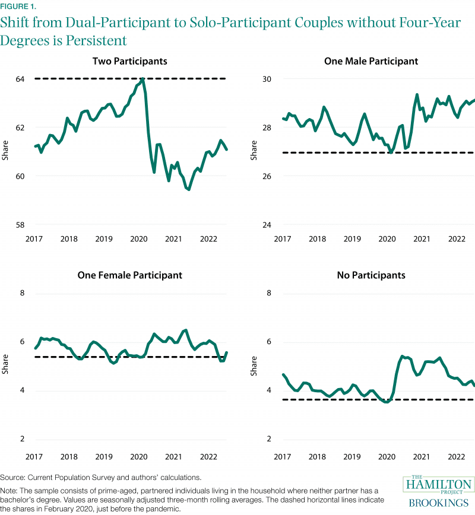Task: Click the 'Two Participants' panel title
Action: pyautogui.click(x=129, y=61)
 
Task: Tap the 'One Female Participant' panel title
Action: pyautogui.click(x=129, y=275)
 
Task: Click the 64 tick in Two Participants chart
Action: pyautogui.click(x=21, y=79)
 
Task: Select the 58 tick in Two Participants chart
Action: pyautogui.click(x=21, y=225)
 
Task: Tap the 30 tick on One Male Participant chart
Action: pyautogui.click(x=267, y=79)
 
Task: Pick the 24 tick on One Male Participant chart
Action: pyautogui.click(x=267, y=225)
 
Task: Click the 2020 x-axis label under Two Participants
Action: pyautogui.click(x=138, y=239)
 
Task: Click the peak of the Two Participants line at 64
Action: pyautogui.click(x=143, y=78)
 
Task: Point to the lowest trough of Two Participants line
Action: pyautogui.click(x=188, y=190)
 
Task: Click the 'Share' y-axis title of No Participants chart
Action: pyautogui.click(x=254, y=366)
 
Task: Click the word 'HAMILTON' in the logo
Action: pyautogui.click(x=438, y=484)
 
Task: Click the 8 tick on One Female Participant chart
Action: pyautogui.click(x=23, y=293)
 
